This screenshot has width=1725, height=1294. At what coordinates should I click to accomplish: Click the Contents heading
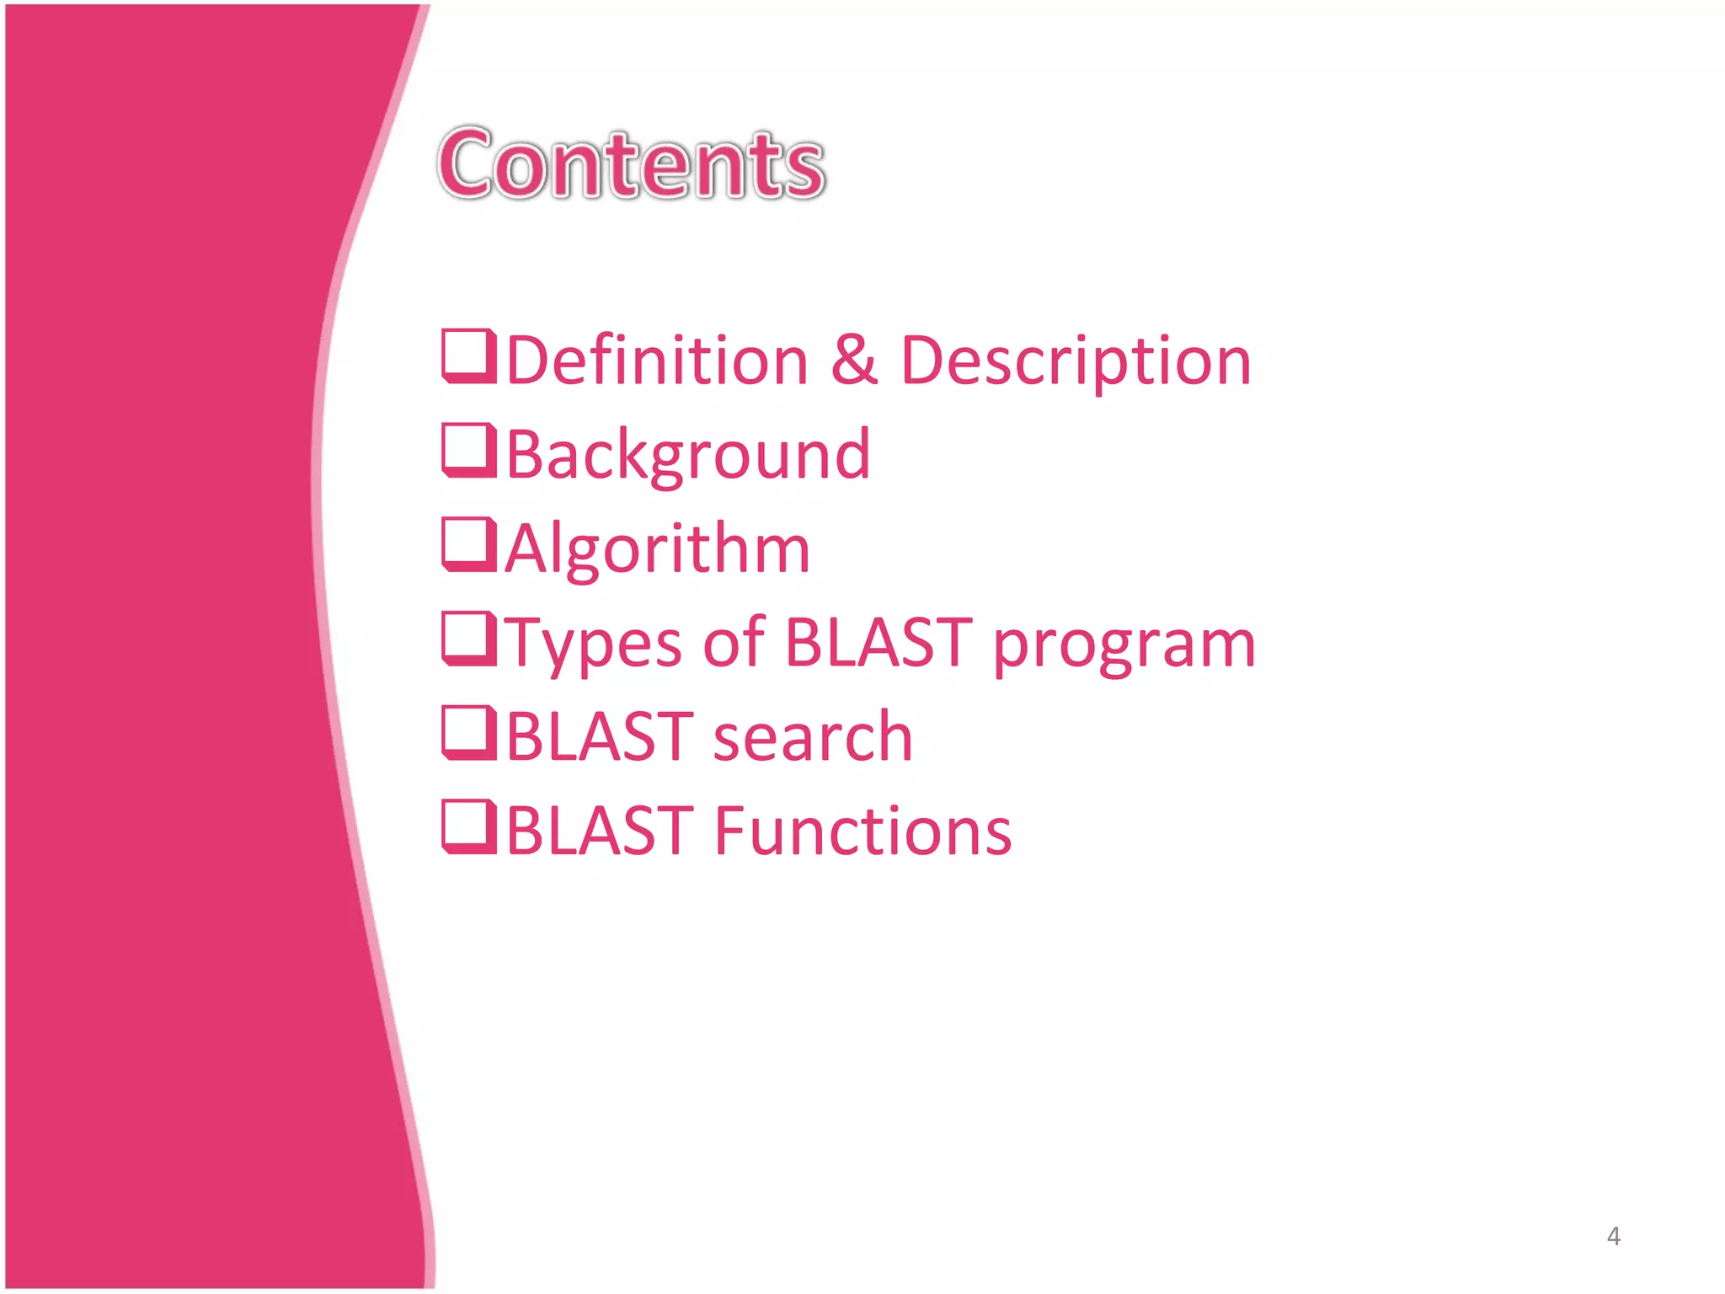[x=632, y=164]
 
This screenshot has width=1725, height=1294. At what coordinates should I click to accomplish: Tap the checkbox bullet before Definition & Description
[x=467, y=356]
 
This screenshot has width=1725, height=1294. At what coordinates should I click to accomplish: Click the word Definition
[x=657, y=361]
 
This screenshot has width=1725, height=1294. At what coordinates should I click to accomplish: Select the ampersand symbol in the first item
[x=854, y=361]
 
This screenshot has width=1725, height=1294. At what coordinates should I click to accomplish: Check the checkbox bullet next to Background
[x=467, y=451]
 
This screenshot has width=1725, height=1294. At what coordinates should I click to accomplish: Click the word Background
[x=688, y=456]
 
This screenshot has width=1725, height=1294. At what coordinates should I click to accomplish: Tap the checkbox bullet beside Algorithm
[x=467, y=544]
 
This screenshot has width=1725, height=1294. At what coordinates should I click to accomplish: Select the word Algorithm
[x=658, y=549]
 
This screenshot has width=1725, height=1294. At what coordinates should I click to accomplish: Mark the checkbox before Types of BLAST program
[x=467, y=639]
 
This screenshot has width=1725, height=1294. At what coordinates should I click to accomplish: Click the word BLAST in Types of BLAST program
[x=878, y=643]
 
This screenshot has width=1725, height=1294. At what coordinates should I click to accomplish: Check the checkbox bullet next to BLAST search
[x=467, y=733]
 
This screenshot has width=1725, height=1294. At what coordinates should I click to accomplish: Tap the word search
[x=813, y=737]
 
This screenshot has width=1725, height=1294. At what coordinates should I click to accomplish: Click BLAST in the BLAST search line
[x=600, y=737]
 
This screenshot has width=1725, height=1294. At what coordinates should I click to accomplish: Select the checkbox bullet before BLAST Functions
[x=467, y=827]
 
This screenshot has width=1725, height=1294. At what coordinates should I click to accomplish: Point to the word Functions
[x=863, y=831]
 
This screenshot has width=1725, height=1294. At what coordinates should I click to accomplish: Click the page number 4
[x=1613, y=1236]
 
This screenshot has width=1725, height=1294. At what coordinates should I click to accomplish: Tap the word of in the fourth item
[x=733, y=643]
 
